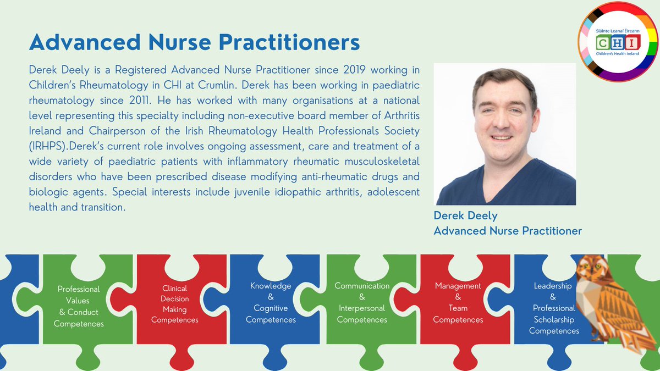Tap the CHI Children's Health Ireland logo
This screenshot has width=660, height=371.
point(618,42)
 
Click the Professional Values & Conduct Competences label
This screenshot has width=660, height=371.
point(79,306)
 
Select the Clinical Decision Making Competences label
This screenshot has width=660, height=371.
point(174,304)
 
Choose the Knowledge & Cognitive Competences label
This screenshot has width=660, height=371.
point(271,303)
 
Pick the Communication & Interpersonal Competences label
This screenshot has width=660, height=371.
point(362,303)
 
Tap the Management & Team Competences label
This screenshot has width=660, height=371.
point(458,303)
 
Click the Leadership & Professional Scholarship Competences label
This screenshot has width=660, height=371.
point(553,308)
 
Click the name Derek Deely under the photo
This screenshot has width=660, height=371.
point(465,215)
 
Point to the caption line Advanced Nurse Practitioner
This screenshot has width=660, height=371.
point(507,231)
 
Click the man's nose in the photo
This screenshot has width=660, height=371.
point(503,123)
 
